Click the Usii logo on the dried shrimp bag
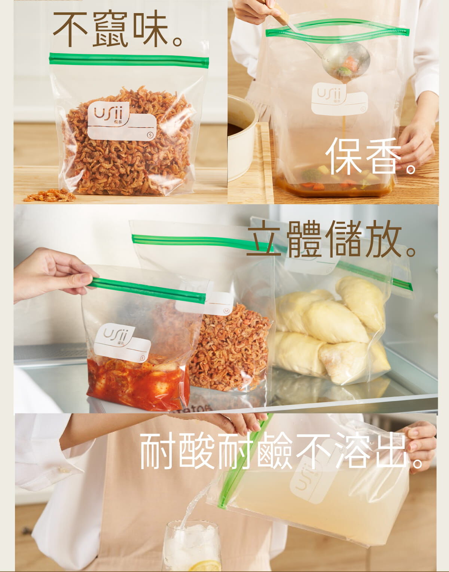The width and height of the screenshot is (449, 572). pyautogui.click(x=109, y=113)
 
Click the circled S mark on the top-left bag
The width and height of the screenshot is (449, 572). pyautogui.click(x=150, y=135)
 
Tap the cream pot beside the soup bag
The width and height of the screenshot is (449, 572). pyautogui.click(x=241, y=138)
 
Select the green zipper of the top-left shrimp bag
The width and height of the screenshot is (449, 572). pyautogui.click(x=129, y=60)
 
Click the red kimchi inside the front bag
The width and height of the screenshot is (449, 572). pyautogui.click(x=138, y=381)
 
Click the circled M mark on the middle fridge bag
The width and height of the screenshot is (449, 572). pyautogui.click(x=226, y=311)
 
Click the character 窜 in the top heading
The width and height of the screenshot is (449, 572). pyautogui.click(x=110, y=28)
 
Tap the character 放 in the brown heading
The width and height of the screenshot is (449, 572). pyautogui.click(x=384, y=238)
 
